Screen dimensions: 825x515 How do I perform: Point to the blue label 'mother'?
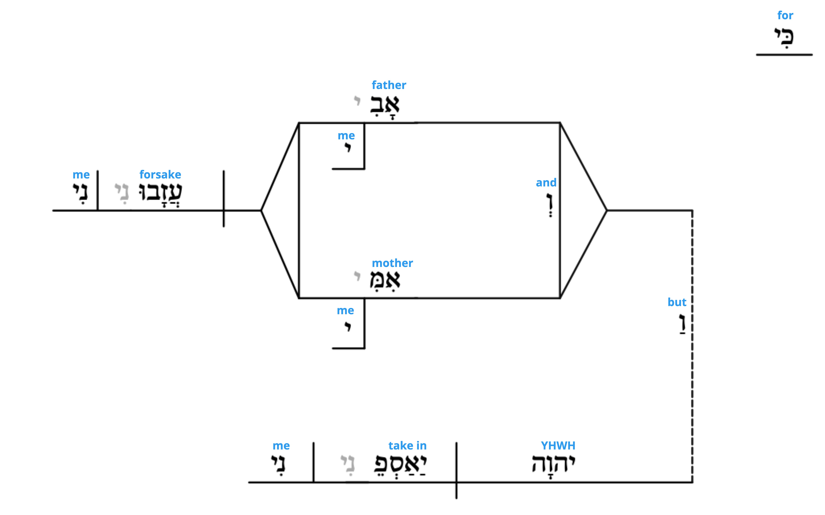tap(392, 263)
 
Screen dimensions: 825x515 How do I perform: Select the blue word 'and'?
tap(546, 183)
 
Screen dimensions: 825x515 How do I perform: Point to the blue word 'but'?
tap(677, 302)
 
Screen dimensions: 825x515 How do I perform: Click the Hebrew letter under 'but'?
tap(682, 324)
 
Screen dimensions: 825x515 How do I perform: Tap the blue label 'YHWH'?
tap(558, 446)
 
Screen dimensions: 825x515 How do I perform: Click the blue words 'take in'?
tap(407, 446)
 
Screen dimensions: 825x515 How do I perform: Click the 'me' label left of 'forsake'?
tap(81, 175)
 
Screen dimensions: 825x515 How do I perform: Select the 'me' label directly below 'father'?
tap(346, 136)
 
